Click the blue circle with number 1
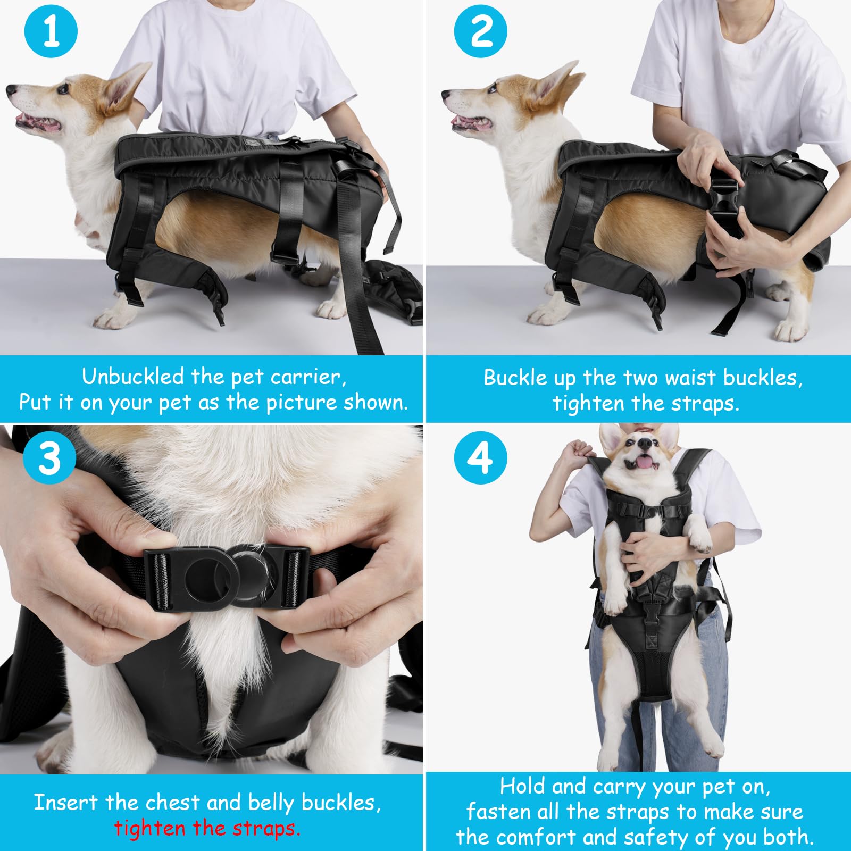click(x=51, y=31)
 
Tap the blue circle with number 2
click(x=480, y=31)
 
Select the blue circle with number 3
click(x=49, y=458)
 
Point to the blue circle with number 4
click(x=480, y=458)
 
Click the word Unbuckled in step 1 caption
click(x=133, y=377)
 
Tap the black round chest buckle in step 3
click(x=226, y=577)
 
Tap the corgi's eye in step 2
click(x=492, y=88)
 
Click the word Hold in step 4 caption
click(x=522, y=786)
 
